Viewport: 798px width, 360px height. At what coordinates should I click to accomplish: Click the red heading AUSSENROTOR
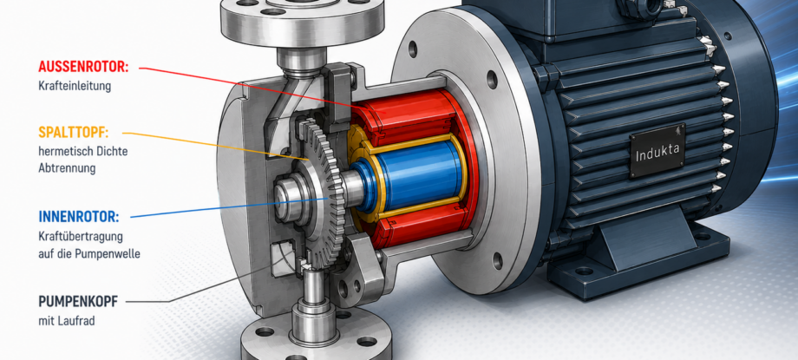tap(83, 67)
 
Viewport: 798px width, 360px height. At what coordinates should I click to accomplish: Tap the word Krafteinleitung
tap(75, 86)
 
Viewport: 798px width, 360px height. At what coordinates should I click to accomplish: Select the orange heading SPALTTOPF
tap(74, 133)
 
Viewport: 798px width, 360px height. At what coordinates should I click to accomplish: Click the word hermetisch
tap(62, 151)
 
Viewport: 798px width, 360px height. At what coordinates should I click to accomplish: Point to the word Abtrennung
tap(67, 168)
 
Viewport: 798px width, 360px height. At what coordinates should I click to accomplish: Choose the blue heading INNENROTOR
tap(79, 217)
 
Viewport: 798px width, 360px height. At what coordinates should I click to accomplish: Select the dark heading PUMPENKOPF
tap(78, 301)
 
